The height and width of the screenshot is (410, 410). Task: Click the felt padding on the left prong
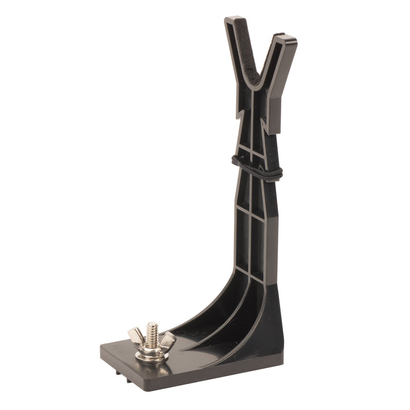(242, 51)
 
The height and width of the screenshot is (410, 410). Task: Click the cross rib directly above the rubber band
(251, 150)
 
